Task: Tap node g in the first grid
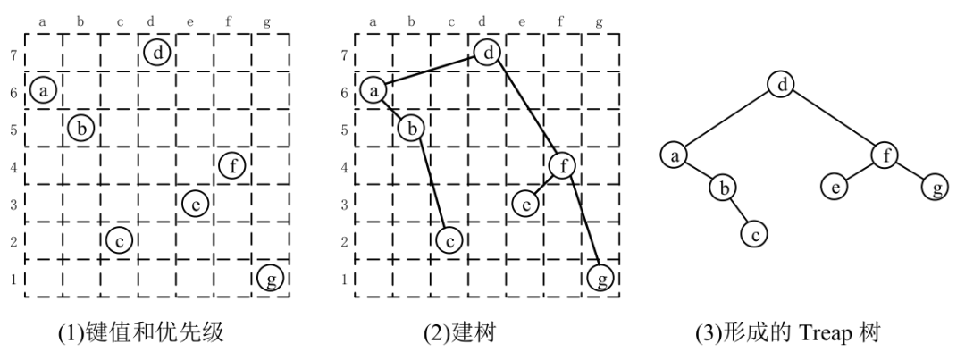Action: click(x=270, y=279)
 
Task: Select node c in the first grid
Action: click(x=119, y=239)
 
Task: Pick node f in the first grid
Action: click(x=232, y=165)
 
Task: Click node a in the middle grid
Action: click(x=374, y=89)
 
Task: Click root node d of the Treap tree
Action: click(x=782, y=86)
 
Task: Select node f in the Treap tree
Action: click(x=886, y=156)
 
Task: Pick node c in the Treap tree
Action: click(x=755, y=235)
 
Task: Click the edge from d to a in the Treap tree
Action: click(x=728, y=121)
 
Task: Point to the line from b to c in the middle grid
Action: click(x=432, y=183)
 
